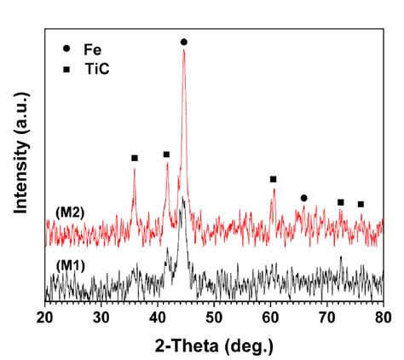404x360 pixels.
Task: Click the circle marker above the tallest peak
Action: click(183, 42)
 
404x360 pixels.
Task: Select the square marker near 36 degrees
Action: click(134, 158)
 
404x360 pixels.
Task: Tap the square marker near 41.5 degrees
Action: click(166, 154)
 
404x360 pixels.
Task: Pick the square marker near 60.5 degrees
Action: click(273, 179)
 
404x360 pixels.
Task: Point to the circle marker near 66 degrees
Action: click(303, 198)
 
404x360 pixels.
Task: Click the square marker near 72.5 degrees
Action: click(340, 202)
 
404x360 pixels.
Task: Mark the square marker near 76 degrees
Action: click(361, 204)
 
